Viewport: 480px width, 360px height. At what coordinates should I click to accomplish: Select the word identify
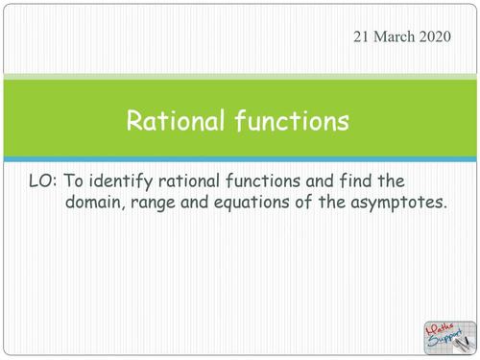point(128,180)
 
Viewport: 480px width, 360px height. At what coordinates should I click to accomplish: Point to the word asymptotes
point(404,203)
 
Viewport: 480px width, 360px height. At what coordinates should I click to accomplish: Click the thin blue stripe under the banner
point(240,158)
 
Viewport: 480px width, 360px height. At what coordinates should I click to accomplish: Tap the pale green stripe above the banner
point(240,76)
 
